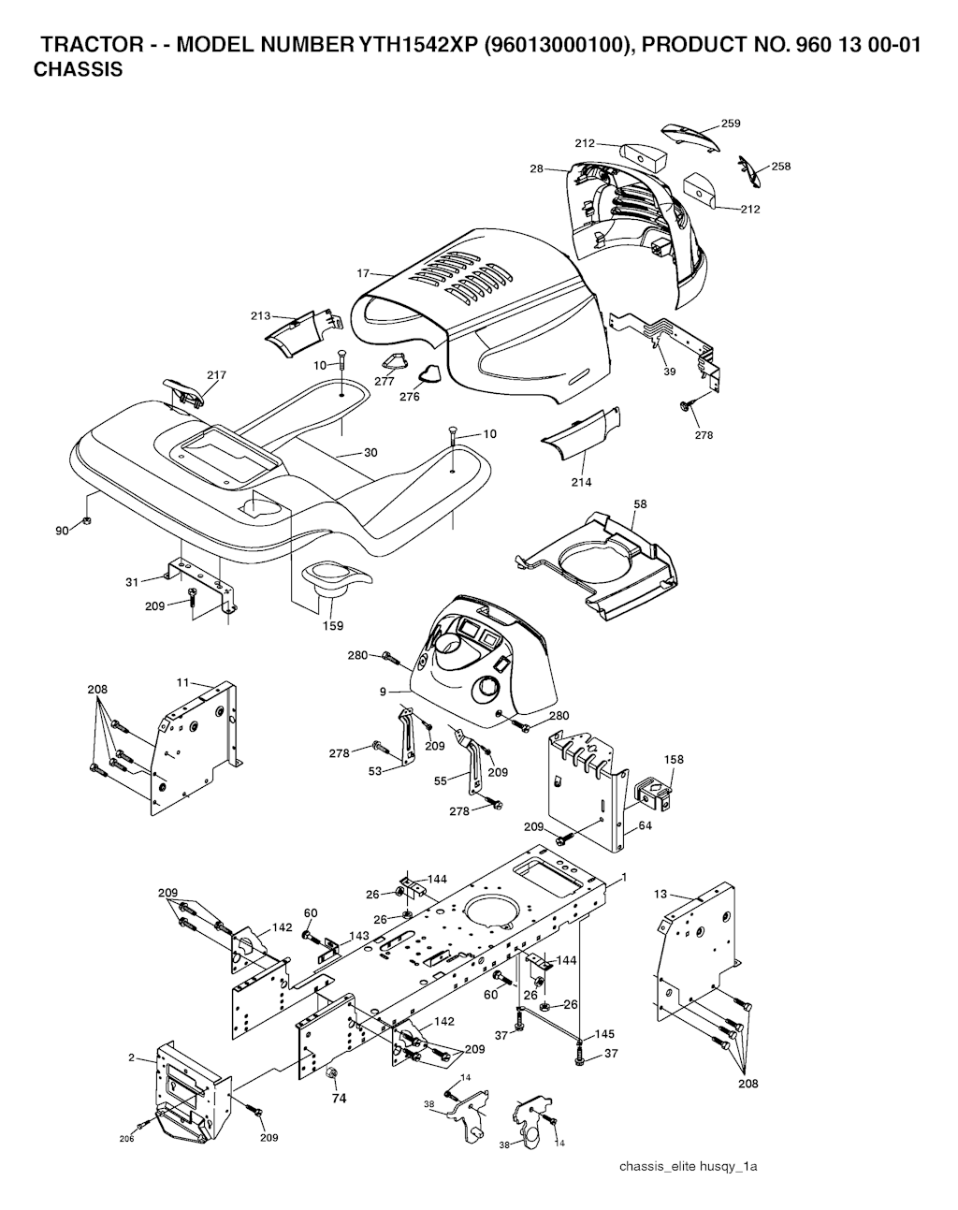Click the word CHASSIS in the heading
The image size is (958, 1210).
[x=79, y=69]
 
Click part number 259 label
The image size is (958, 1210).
[x=731, y=124]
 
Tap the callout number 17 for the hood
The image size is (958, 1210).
[x=364, y=273]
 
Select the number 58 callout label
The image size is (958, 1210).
[x=640, y=504]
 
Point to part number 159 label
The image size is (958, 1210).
[x=333, y=626]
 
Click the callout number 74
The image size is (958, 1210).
[x=339, y=1099]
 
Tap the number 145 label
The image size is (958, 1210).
[x=604, y=1034]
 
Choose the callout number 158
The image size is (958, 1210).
[x=674, y=760]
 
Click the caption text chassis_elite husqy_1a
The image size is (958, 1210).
[x=687, y=1167]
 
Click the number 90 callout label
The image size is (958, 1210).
[x=62, y=532]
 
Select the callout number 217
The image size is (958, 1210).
[x=216, y=375]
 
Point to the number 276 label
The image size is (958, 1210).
[x=410, y=396]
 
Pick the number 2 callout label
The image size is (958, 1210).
[x=131, y=1057]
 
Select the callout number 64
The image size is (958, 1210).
[x=645, y=826]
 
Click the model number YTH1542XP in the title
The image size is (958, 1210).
[x=413, y=47]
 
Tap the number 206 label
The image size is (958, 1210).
[x=127, y=1138]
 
